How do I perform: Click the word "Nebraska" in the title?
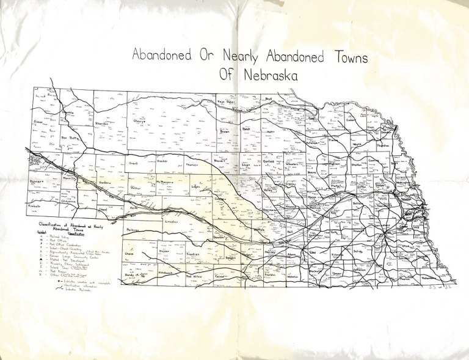[x=267, y=76]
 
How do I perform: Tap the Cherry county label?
[x=141, y=121]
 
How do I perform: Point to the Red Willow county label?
[x=194, y=276]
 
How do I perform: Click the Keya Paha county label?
[x=226, y=102]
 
